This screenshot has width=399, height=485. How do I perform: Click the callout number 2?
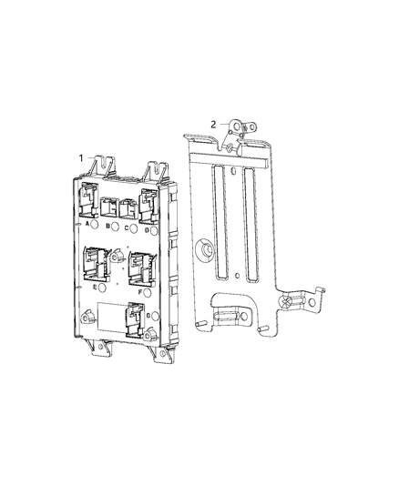click(x=214, y=125)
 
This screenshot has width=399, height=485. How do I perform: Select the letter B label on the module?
click(x=107, y=226)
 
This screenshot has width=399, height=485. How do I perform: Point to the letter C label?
click(x=127, y=227)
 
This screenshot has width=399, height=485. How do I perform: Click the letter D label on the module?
click(x=146, y=228)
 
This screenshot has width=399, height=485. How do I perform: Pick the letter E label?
click(x=95, y=286)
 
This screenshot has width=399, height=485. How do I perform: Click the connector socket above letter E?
click(x=96, y=263)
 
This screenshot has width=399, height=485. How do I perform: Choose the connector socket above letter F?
click(x=141, y=269)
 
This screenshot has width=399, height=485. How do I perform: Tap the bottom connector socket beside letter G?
click(x=137, y=318)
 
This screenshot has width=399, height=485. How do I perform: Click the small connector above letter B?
click(x=108, y=207)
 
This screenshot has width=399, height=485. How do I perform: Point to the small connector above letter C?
click(x=127, y=208)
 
